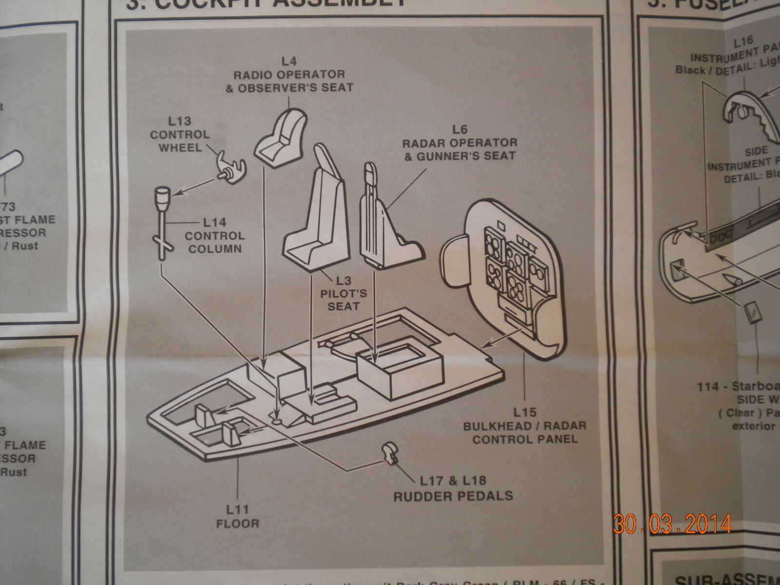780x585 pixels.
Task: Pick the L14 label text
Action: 214,223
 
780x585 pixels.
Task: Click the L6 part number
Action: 459,129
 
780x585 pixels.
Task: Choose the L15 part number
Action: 524,412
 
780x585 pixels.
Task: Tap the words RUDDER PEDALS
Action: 453,496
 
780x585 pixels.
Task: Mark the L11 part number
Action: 237,510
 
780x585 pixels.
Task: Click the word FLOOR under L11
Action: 237,524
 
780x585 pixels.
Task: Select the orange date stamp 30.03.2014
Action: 672,524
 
